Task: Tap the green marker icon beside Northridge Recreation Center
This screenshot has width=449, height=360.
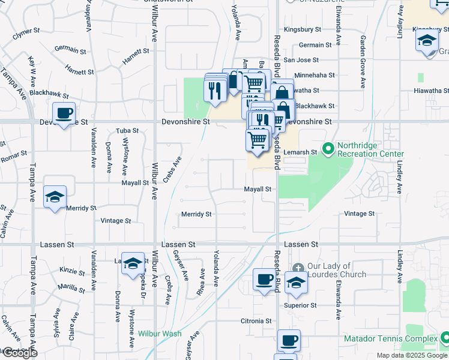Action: (x=328, y=148)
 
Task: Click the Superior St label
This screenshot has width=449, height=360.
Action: (x=300, y=305)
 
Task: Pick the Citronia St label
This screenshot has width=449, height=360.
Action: (x=256, y=321)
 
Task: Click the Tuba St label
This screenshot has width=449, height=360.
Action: (x=127, y=130)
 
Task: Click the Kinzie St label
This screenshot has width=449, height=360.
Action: (x=72, y=271)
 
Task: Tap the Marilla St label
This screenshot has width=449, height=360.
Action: (x=71, y=287)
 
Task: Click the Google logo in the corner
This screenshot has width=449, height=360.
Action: (x=19, y=353)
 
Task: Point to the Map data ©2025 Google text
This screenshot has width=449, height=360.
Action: (x=411, y=355)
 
